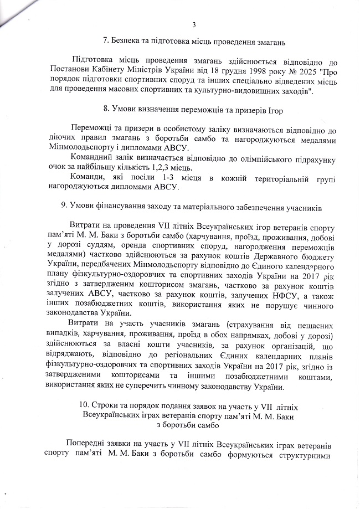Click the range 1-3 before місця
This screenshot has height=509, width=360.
coord(142,177)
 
